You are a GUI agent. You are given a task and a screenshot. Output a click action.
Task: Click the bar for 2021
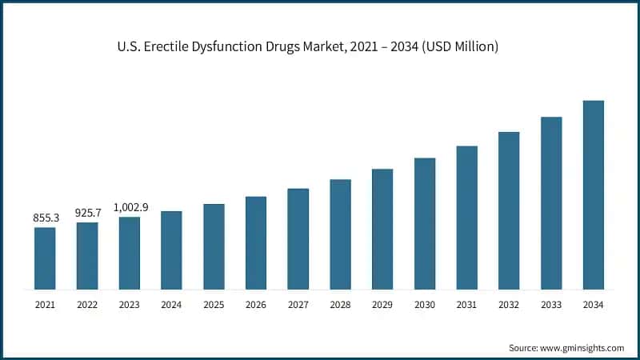point(45,258)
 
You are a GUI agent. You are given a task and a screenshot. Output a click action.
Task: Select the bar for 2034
point(593,194)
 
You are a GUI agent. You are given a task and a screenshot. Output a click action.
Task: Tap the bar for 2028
point(340,234)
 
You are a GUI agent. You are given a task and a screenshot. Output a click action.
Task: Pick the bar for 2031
point(466,217)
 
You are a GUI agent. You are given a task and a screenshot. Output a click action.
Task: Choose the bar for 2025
point(214,246)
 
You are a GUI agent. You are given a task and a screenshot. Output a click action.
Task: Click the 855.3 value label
point(45,218)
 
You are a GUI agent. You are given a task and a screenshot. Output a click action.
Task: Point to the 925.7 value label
point(87,213)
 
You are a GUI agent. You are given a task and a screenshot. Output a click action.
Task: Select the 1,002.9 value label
point(130,206)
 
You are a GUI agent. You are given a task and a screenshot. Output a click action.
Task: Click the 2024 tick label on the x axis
point(171,305)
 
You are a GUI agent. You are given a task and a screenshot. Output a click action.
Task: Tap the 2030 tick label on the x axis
point(424,305)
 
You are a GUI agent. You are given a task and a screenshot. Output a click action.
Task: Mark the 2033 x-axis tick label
point(550,305)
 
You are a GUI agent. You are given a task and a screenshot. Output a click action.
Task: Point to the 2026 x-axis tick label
point(256,305)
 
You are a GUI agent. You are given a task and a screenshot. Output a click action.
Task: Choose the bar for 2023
point(130,253)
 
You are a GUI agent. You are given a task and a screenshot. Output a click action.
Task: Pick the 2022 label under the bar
point(87,305)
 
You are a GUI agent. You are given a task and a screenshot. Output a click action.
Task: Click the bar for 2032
point(509,210)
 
